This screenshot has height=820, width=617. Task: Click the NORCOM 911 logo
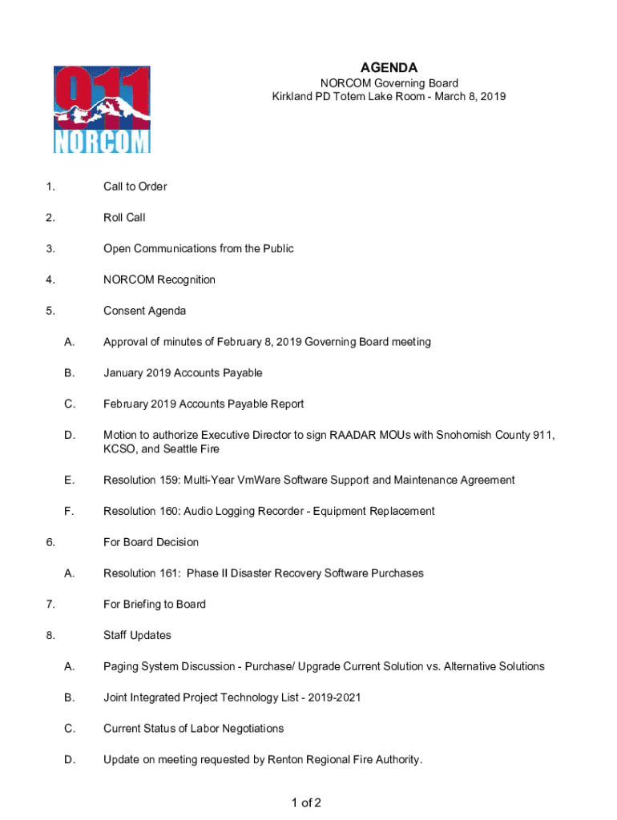click(x=102, y=110)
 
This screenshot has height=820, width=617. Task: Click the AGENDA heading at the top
click(x=389, y=68)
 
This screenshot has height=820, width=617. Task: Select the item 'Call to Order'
click(x=135, y=187)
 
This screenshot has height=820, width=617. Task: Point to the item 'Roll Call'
click(x=124, y=218)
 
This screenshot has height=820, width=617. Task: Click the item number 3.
click(x=50, y=249)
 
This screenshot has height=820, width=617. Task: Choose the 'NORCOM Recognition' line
click(x=159, y=279)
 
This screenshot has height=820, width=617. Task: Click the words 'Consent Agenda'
click(x=144, y=311)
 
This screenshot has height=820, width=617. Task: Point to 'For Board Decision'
click(x=151, y=542)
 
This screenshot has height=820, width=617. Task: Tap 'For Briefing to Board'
click(x=154, y=605)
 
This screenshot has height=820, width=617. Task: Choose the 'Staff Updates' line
click(x=137, y=636)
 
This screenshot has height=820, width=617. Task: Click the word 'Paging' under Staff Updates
click(x=120, y=667)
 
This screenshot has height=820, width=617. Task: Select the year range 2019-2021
click(x=334, y=698)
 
